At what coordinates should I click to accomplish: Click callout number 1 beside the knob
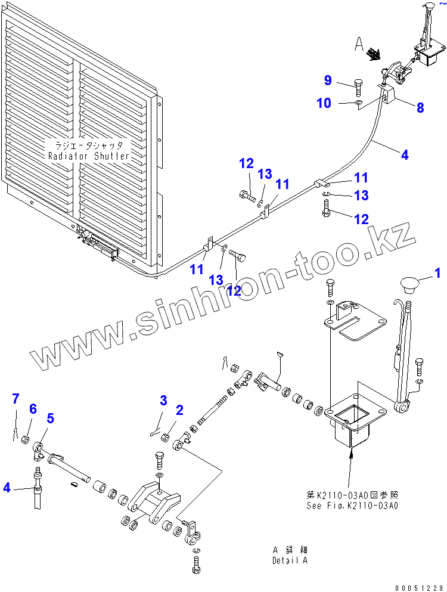[438, 274]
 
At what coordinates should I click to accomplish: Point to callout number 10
[324, 103]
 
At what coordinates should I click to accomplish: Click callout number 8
[420, 108]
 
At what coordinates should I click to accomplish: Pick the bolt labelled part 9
[359, 88]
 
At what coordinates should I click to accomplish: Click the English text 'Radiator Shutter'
[89, 156]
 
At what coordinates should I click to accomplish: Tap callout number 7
[16, 397]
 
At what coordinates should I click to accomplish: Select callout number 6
[33, 408]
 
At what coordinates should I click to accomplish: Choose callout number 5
[51, 419]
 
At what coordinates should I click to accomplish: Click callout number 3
[163, 400]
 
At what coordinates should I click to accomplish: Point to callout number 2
[179, 410]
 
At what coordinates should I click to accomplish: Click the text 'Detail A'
[290, 560]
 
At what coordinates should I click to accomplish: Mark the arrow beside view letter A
[374, 55]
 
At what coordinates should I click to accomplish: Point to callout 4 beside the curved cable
[405, 155]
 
